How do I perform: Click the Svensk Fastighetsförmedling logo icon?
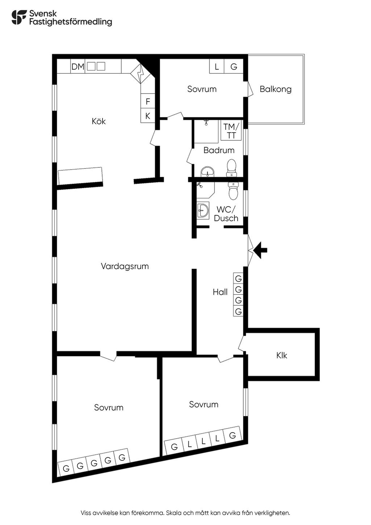click(19, 17)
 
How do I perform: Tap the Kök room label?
click(99, 121)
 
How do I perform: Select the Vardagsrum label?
click(125, 266)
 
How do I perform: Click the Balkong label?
click(276, 89)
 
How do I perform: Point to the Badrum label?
click(219, 150)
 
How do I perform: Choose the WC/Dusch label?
click(226, 214)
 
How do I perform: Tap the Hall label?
click(220, 292)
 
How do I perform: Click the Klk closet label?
click(282, 356)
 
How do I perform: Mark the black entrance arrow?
click(260, 250)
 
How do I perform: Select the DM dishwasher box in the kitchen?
click(78, 67)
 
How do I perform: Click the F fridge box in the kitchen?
click(148, 101)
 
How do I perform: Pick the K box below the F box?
click(148, 116)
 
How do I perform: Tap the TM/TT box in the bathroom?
click(231, 131)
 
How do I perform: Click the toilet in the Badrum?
click(232, 168)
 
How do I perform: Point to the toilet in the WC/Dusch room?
click(233, 191)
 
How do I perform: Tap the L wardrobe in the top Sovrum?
click(217, 67)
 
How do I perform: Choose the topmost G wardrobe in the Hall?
click(238, 278)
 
